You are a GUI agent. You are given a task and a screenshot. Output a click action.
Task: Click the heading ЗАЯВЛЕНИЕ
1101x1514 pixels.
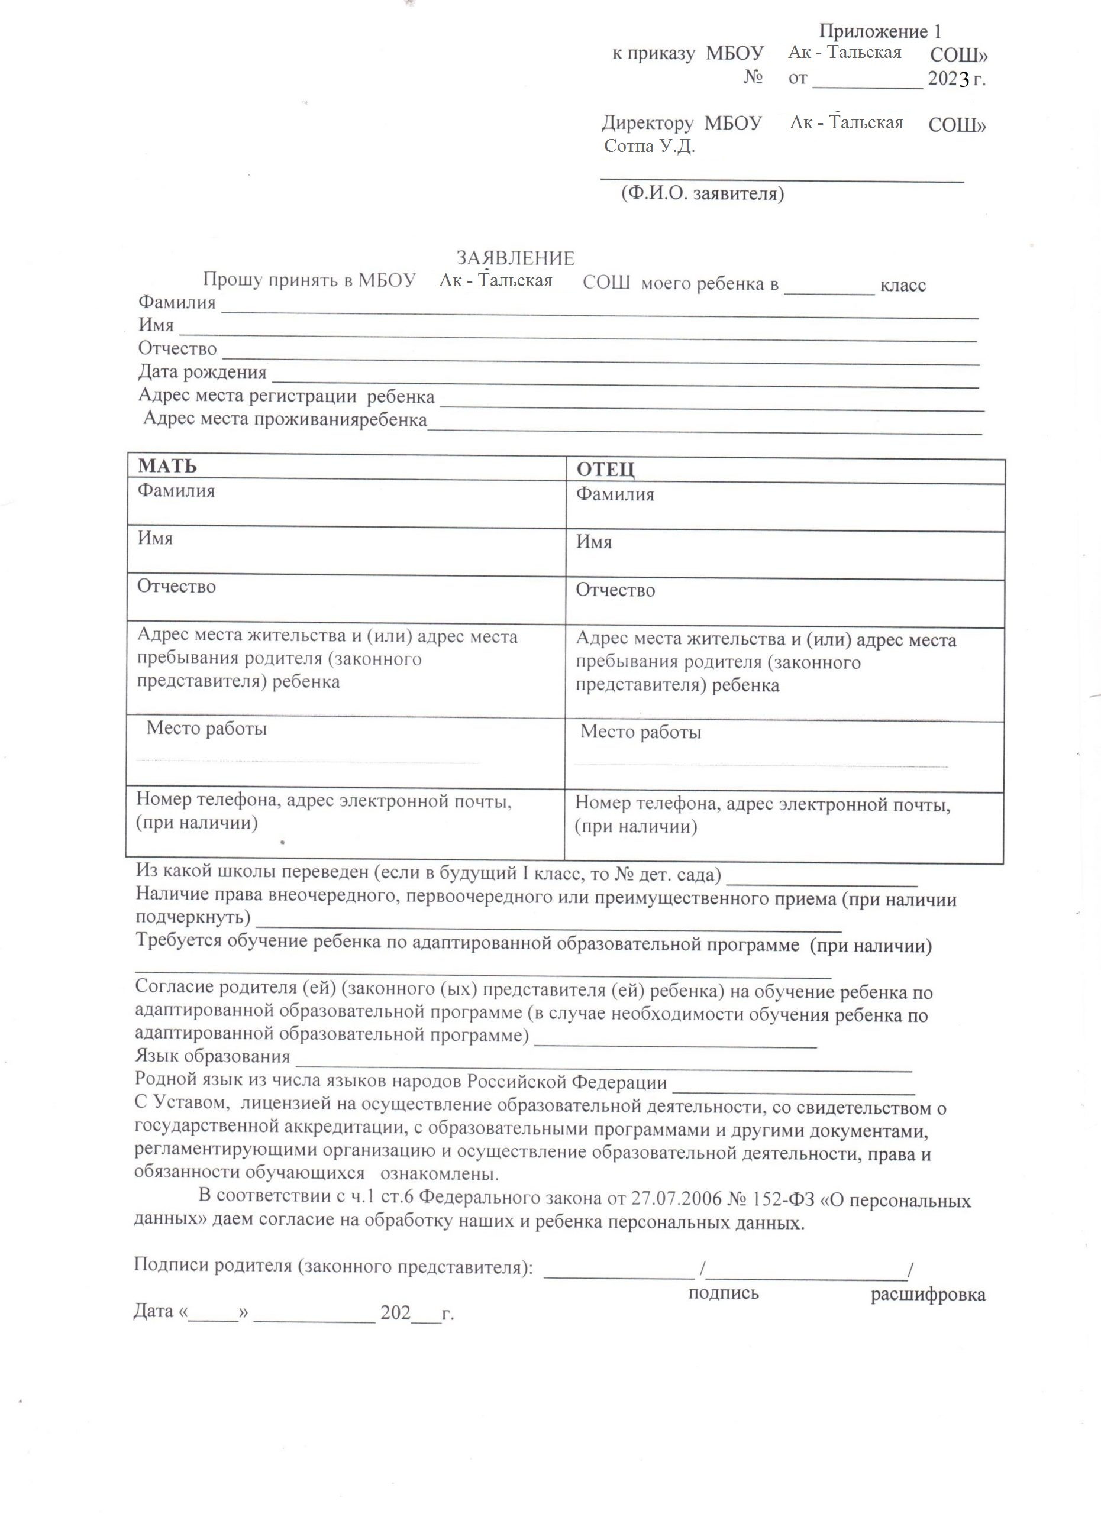click(515, 258)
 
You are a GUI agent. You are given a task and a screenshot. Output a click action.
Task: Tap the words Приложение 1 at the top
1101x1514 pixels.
click(880, 31)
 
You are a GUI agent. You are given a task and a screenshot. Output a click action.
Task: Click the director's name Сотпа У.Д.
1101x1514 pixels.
click(649, 146)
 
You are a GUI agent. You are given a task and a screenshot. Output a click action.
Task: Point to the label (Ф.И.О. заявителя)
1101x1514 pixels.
click(702, 193)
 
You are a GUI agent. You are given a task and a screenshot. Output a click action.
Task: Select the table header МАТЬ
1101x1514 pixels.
click(167, 466)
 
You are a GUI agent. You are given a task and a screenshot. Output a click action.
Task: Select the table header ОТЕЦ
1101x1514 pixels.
click(606, 470)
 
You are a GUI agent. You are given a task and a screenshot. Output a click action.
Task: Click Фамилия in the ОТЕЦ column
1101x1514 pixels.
click(615, 494)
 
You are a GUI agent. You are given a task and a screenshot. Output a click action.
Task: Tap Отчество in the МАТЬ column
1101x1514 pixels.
click(176, 586)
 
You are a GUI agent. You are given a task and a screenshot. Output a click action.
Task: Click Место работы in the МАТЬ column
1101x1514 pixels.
click(206, 727)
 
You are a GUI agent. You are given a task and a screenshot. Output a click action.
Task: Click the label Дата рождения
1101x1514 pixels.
click(202, 372)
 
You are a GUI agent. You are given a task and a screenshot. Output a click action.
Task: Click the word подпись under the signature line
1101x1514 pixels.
click(724, 1293)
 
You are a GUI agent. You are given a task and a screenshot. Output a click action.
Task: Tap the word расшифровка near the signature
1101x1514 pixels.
click(928, 1295)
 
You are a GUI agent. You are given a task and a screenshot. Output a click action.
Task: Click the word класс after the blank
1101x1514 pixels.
click(903, 286)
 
